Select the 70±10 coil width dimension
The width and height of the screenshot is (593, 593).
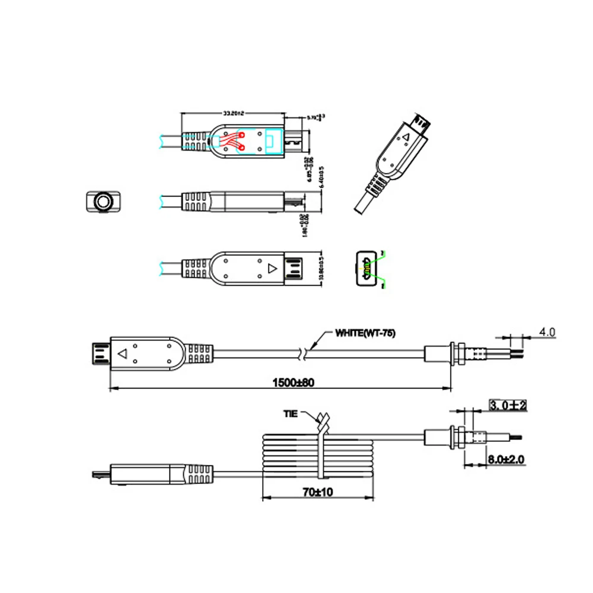(317, 492)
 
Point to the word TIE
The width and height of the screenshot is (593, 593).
(291, 414)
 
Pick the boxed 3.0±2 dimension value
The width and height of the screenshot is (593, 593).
(508, 406)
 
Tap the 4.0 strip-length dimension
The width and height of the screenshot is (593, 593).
(547, 333)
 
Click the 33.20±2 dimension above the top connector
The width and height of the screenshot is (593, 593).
(232, 112)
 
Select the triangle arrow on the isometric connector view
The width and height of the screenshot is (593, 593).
(406, 138)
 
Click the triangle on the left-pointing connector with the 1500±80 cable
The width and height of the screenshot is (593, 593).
(123, 354)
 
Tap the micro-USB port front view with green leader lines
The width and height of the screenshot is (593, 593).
(366, 270)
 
